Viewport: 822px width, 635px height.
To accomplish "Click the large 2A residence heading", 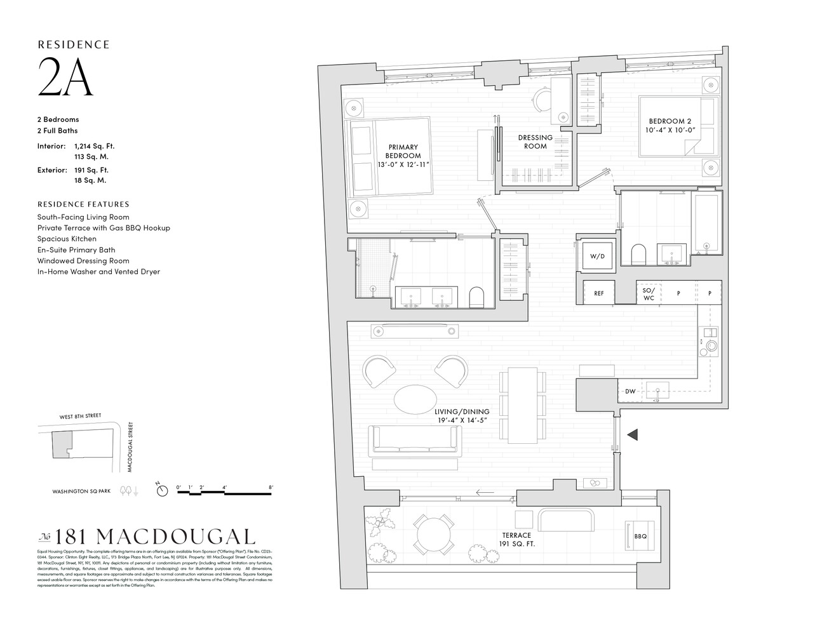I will point(65,78).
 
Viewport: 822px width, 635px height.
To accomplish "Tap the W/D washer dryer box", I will point(597,257).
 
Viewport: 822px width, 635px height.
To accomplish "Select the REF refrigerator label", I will point(598,293).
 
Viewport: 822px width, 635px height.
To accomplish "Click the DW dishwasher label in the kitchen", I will point(630,392).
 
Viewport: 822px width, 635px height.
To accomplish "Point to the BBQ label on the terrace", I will point(640,537).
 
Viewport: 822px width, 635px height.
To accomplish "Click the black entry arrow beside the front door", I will point(633,435).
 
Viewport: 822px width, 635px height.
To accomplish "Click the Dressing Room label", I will point(535,142).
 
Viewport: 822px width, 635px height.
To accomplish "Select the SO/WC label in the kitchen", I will point(648,293).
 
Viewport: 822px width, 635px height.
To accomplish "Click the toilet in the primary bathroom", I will point(476,297).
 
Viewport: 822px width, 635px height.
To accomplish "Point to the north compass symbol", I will point(163,490).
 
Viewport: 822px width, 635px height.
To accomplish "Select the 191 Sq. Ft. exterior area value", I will point(91,170).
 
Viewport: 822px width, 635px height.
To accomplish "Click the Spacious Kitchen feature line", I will point(67,239).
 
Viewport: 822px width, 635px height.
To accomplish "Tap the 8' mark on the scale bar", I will point(271,488).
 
